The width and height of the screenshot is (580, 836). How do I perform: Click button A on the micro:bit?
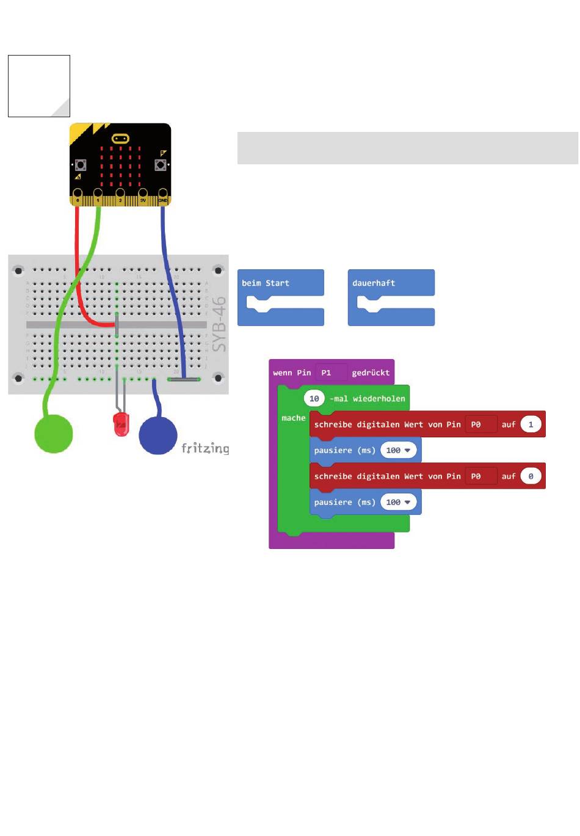[x=80, y=165]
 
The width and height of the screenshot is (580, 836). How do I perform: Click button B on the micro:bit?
[x=161, y=165]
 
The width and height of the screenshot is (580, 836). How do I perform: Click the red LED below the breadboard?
[x=121, y=423]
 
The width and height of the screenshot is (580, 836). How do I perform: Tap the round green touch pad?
[x=54, y=434]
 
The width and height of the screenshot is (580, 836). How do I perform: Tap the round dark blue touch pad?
[x=158, y=435]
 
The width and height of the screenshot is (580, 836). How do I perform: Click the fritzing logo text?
[x=205, y=449]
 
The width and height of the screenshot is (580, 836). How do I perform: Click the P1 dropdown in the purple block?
[x=331, y=373]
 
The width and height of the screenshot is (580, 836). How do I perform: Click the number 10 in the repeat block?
[x=314, y=399]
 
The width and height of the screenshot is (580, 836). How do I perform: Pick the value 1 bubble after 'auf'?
[x=531, y=424]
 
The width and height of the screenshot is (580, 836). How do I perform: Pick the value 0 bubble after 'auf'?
[x=531, y=476]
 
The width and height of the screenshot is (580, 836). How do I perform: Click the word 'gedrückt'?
[x=371, y=373]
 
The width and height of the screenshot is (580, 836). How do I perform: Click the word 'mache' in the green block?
[x=293, y=418]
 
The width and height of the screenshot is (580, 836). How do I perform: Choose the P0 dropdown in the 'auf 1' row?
[x=480, y=424]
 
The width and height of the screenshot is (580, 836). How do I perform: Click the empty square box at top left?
[x=39, y=86]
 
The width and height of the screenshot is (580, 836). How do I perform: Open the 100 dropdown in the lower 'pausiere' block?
[x=398, y=502]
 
